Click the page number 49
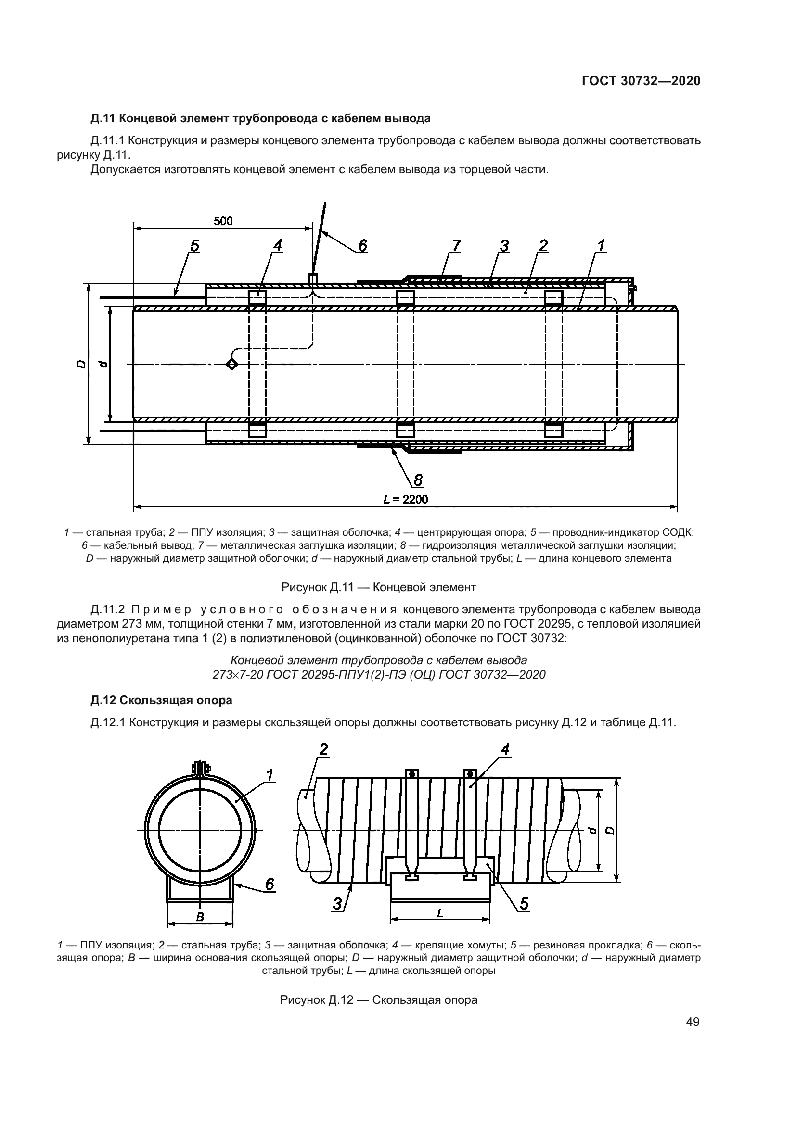click(693, 1022)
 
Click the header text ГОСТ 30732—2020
click(641, 81)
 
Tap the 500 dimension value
click(223, 221)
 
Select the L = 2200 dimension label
click(405, 499)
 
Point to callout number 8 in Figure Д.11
click(418, 480)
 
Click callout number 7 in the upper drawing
click(456, 245)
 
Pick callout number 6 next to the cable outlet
click(362, 245)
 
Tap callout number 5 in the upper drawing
click(194, 245)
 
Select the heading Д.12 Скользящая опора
click(161, 700)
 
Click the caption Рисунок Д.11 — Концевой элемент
click(378, 586)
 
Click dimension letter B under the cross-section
click(200, 918)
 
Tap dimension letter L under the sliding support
click(440, 912)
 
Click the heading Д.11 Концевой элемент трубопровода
click(260, 118)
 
